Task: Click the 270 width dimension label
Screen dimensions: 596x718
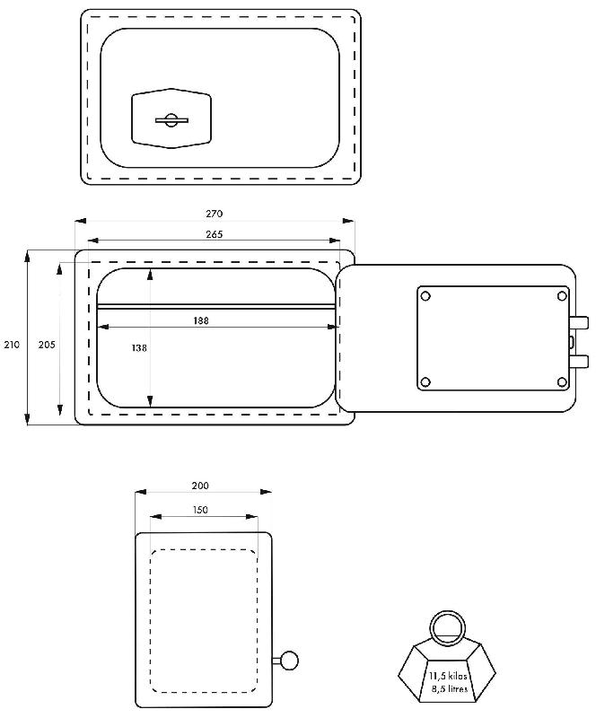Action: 214,214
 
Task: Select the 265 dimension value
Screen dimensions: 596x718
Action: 214,234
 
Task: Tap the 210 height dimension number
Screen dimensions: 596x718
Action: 12,345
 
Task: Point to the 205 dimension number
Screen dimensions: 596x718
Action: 47,345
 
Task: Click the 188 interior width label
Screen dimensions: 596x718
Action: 201,320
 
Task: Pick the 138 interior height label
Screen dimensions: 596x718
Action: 139,348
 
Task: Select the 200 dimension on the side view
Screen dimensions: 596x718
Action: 200,486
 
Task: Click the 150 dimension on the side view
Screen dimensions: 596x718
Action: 200,510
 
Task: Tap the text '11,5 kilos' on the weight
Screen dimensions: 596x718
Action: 448,676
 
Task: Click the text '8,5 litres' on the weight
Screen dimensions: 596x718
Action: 450,688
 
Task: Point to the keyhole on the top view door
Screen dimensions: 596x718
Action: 171,120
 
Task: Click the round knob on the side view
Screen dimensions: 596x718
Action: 289,661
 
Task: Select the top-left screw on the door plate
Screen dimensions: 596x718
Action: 425,296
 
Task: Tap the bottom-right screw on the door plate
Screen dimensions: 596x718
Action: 562,382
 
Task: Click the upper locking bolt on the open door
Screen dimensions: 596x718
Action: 579,322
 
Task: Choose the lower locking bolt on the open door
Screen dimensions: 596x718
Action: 579,362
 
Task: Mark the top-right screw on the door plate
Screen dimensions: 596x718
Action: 562,296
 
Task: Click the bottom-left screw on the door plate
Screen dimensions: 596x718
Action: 425,382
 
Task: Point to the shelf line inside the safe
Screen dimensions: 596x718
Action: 216,306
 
